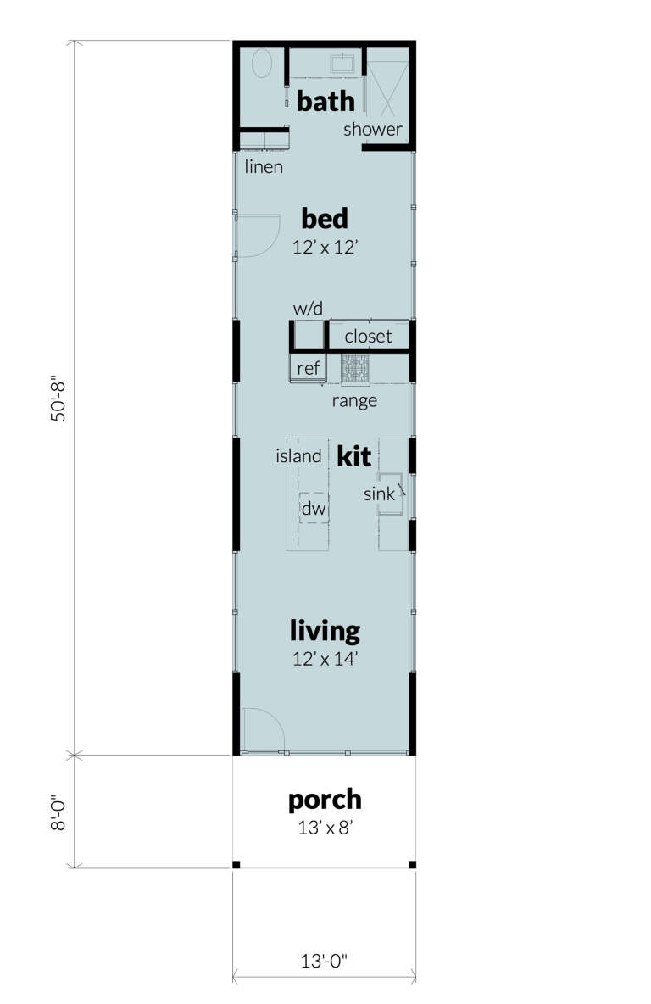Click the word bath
pyautogui.click(x=325, y=103)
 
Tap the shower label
pyautogui.click(x=373, y=130)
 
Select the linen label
pyautogui.click(x=264, y=167)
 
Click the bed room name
pyautogui.click(x=325, y=219)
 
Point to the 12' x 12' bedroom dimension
pyautogui.click(x=325, y=248)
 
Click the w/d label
pyautogui.click(x=309, y=309)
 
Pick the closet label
pyautogui.click(x=368, y=337)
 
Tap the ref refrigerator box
pyautogui.click(x=308, y=368)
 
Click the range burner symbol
pyautogui.click(x=356, y=369)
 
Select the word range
pyautogui.click(x=354, y=400)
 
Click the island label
pyautogui.click(x=298, y=456)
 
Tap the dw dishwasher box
pyautogui.click(x=314, y=509)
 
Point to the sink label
pyautogui.click(x=380, y=494)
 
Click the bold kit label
pyautogui.click(x=354, y=456)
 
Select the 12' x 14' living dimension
pyautogui.click(x=325, y=659)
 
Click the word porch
pyautogui.click(x=325, y=800)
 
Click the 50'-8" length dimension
pyautogui.click(x=58, y=399)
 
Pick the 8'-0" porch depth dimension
pyautogui.click(x=58, y=812)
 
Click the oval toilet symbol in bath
pyautogui.click(x=263, y=64)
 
